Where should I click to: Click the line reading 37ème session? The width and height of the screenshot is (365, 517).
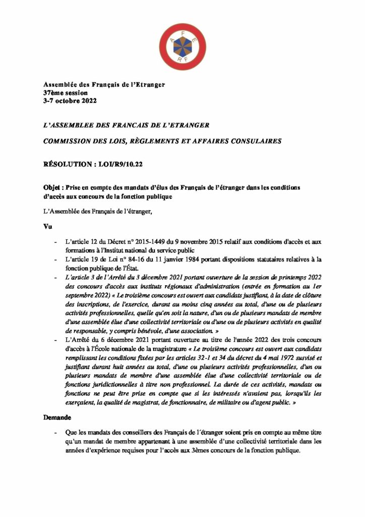pyautogui.click(x=66, y=93)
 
